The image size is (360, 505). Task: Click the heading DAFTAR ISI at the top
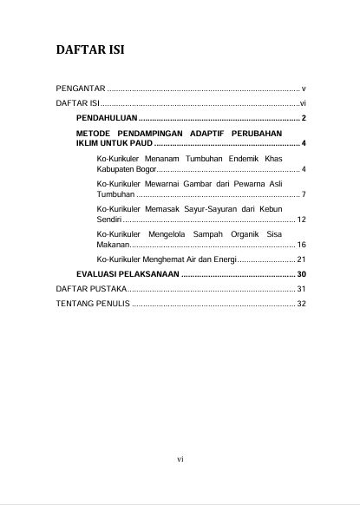pyautogui.click(x=90, y=49)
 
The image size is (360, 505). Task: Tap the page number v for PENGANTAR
pyautogui.click(x=303, y=89)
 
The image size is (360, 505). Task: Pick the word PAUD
pyautogui.click(x=160, y=142)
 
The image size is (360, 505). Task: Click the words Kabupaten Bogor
pyautogui.click(x=127, y=168)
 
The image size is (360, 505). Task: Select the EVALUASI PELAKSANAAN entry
pyautogui.click(x=128, y=274)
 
